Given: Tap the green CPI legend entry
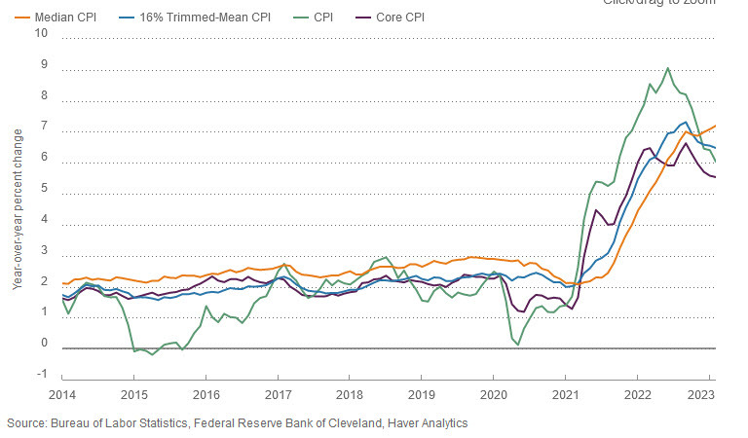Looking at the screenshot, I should pos(320,18).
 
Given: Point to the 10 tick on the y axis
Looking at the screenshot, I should pos(40,32).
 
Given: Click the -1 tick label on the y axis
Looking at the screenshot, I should pos(40,375).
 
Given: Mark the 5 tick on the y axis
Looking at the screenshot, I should pos(43,188).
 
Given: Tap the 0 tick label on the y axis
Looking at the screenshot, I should pos(43,344).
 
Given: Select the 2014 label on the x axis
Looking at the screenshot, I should pos(62,395).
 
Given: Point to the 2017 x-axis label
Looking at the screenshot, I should pos(278,395).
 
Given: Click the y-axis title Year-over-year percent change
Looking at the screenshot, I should pos(17,207).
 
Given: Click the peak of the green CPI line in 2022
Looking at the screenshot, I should pos(667,68).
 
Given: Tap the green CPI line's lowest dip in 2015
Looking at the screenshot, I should pos(152,355).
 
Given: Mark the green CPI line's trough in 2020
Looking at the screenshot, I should pos(518,345).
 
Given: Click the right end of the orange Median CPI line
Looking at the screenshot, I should pos(716,126).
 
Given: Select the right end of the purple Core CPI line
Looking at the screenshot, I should pos(716,177).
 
